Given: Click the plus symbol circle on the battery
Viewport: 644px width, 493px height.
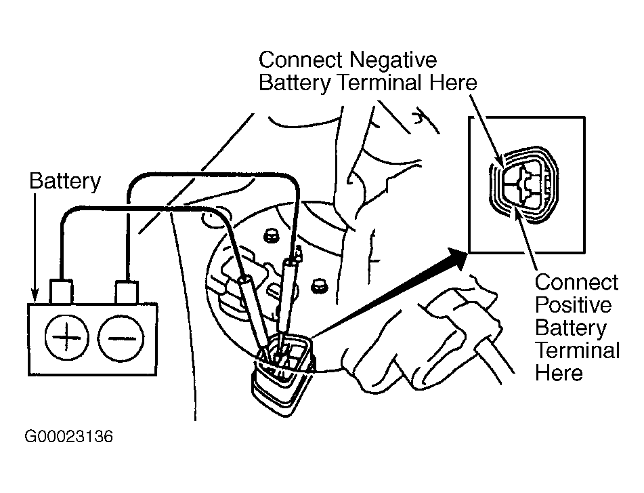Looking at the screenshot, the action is (66, 338).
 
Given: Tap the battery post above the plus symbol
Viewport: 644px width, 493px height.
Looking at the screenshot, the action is (61, 292).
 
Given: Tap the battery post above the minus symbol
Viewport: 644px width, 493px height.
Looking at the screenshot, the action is (127, 292).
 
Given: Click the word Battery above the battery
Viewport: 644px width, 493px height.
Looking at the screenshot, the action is (65, 181).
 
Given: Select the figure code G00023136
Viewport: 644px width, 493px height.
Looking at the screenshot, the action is (68, 436).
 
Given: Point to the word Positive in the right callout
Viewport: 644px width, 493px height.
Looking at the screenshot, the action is (573, 304).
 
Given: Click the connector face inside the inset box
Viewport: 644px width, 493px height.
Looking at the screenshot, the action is (523, 185).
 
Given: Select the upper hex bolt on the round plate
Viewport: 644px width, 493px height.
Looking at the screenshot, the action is (270, 236).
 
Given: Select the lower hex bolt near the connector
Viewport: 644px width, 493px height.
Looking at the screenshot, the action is (318, 285).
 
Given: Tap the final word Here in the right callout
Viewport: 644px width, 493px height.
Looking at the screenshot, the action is (559, 373).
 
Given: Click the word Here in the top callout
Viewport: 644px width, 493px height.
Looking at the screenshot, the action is (453, 83).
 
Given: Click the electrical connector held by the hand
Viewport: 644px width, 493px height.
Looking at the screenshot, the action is (283, 374).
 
